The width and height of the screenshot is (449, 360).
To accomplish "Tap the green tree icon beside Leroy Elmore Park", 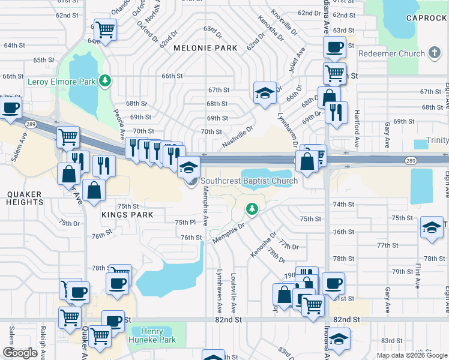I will (105, 80).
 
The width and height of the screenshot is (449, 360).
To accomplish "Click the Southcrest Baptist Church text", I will (249, 181).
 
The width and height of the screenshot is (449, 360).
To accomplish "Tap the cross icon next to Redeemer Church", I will (434, 53).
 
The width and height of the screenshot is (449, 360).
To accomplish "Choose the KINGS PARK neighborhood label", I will (127, 215).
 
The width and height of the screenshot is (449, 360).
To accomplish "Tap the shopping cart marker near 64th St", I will (106, 29).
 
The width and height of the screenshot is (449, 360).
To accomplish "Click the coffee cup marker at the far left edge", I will (10, 108).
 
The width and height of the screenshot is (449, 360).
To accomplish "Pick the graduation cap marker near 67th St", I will (264, 92).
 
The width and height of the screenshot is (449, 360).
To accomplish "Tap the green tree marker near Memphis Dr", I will (252, 208).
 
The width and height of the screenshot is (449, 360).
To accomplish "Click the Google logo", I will (20, 353).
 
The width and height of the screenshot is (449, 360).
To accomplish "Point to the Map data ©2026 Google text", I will (411, 355).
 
